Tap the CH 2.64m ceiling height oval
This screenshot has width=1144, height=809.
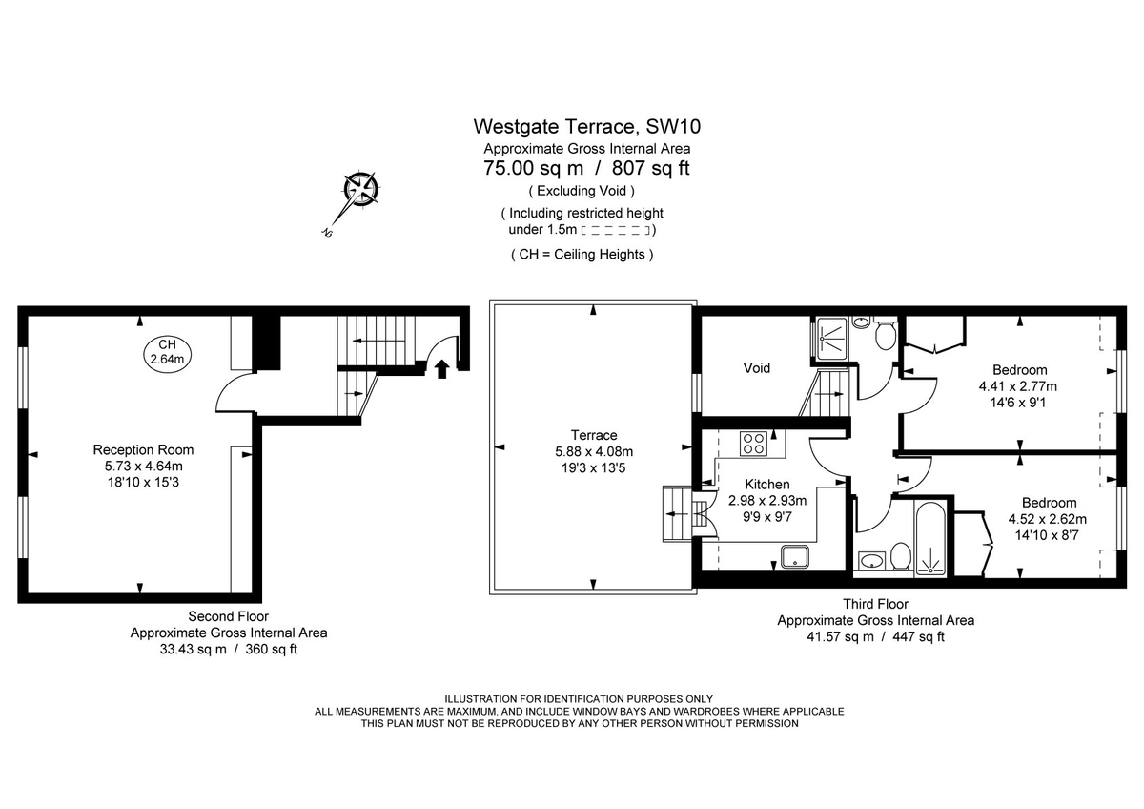168,352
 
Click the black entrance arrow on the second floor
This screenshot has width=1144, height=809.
440,367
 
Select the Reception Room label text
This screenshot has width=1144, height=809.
143,449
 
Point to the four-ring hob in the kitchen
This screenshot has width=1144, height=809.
754,443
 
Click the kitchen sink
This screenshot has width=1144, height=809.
793,556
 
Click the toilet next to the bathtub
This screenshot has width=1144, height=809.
900,555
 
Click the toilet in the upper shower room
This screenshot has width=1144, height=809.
884,334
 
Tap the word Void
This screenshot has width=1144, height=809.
757,367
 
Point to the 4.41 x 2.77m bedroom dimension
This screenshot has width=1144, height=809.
1018,386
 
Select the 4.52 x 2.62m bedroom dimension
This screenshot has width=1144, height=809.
1048,519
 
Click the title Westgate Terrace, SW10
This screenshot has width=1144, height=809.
586,126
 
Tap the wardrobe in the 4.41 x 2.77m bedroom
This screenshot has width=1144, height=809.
934,336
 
